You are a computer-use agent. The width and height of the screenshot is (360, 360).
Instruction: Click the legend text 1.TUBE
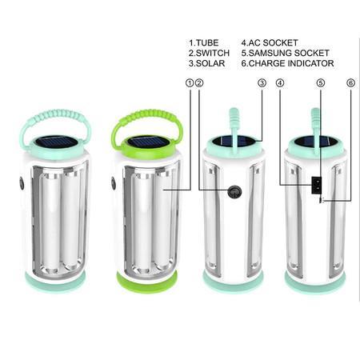(x=203, y=42)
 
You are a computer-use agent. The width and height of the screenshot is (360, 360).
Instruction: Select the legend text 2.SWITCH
(x=209, y=53)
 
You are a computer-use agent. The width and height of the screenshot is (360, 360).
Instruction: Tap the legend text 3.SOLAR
(x=206, y=63)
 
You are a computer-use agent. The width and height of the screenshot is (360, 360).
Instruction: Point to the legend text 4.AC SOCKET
(x=270, y=42)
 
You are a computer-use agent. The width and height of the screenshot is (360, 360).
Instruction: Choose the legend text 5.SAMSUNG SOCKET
(x=284, y=53)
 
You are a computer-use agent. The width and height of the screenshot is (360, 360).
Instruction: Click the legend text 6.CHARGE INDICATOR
(x=288, y=63)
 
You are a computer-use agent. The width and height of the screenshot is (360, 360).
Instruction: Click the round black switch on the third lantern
(x=234, y=192)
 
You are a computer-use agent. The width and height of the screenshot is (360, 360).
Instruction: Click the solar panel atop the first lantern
(x=55, y=142)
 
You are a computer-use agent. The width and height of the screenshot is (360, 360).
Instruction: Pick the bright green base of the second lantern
(x=147, y=282)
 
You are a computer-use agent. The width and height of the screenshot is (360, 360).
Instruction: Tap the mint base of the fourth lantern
(x=316, y=282)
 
